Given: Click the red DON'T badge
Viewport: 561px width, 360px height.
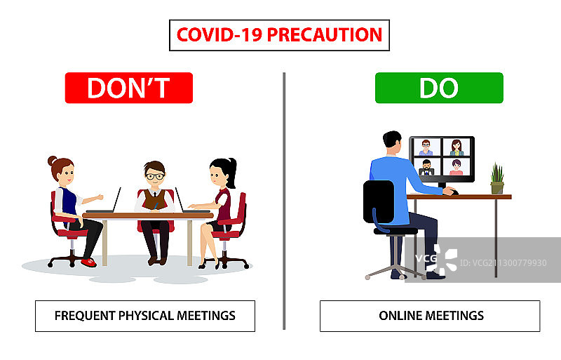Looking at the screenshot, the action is (x=129, y=88).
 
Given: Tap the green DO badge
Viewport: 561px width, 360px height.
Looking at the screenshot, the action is (x=439, y=88).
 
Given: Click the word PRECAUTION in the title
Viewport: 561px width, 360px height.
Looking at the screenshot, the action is (x=325, y=35).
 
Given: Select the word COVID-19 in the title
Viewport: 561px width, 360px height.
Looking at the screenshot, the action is (x=219, y=35).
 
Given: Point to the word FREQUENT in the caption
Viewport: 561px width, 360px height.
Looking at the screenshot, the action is (x=85, y=316).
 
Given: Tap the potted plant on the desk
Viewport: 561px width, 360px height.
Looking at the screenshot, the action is (x=497, y=178).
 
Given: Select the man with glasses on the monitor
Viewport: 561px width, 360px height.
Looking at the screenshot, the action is (x=426, y=147).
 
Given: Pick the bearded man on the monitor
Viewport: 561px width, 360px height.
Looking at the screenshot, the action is (x=426, y=167).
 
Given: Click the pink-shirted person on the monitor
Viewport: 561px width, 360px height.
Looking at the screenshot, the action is (x=457, y=167).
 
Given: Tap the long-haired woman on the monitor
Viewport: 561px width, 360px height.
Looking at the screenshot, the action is (x=457, y=147).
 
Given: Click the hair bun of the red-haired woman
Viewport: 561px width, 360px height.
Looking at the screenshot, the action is (x=52, y=161).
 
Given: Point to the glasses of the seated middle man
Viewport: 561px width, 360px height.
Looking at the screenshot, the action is (x=155, y=176).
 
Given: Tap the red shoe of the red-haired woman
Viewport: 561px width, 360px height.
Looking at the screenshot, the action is (x=89, y=262).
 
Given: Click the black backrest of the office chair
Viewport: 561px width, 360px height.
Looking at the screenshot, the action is (x=379, y=201).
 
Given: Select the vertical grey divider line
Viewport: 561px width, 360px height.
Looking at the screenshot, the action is (x=284, y=201).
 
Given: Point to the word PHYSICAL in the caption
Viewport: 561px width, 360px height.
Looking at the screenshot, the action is (x=146, y=316).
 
